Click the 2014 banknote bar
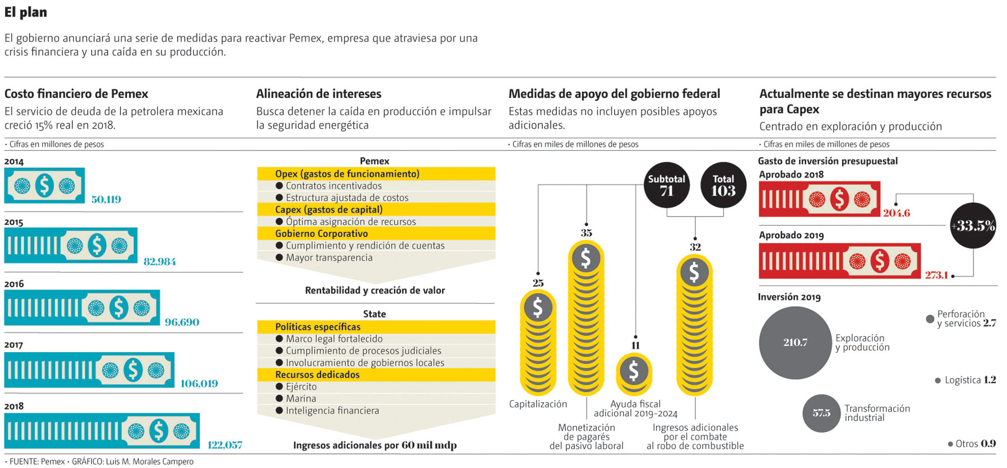click(45, 185)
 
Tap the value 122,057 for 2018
click(225, 445)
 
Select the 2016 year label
click(14, 284)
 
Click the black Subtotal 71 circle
click(666, 185)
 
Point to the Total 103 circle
click(723, 185)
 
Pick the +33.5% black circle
click(973, 226)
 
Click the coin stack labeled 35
click(586, 316)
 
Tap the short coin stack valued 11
click(634, 373)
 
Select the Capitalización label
click(538, 404)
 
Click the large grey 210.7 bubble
click(795, 343)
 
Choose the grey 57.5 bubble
click(821, 413)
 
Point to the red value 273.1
click(936, 275)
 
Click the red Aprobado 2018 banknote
click(819, 199)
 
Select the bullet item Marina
click(300, 399)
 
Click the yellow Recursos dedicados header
click(317, 375)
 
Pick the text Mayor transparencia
click(329, 258)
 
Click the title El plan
click(26, 12)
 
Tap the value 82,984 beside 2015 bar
click(159, 261)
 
